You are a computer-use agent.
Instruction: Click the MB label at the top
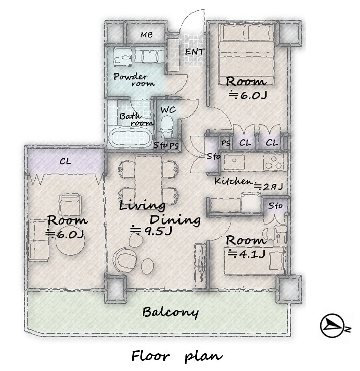point(146,35)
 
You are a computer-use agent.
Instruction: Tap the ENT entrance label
point(194,52)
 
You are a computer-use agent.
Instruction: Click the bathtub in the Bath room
point(131,139)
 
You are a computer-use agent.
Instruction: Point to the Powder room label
point(134,80)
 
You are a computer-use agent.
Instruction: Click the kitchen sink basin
point(234,162)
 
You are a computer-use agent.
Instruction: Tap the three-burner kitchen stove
point(274,162)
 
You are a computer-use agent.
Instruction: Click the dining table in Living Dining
point(148,179)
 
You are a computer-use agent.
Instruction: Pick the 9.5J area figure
point(151,231)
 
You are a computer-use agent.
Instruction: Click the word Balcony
point(170,312)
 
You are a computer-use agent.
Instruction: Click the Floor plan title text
point(177,356)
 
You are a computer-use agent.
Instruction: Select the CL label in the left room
point(65,162)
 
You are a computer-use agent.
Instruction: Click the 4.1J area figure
point(246,254)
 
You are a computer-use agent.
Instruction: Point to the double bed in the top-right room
point(246,54)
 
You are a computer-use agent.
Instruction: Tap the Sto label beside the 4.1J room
point(276,206)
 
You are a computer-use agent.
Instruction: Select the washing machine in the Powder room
point(122,57)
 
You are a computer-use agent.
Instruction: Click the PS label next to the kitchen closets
point(226,143)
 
